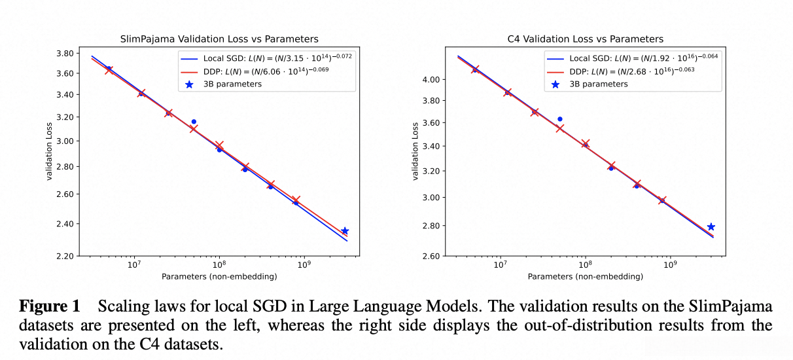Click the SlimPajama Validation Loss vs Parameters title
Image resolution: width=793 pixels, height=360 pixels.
[x=219, y=39]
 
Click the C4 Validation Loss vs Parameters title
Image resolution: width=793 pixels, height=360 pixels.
[x=585, y=39]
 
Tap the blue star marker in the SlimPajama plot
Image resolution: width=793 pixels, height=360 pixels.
[x=345, y=231]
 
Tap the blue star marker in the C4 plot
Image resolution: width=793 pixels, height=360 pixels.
[x=711, y=227]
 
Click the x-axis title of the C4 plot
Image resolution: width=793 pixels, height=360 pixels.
[x=585, y=277]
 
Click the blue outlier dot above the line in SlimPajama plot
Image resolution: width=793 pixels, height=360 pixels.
[x=194, y=122]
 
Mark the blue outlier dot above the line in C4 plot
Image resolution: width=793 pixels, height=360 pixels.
[x=559, y=119]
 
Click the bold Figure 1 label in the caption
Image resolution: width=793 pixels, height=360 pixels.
[x=50, y=306]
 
